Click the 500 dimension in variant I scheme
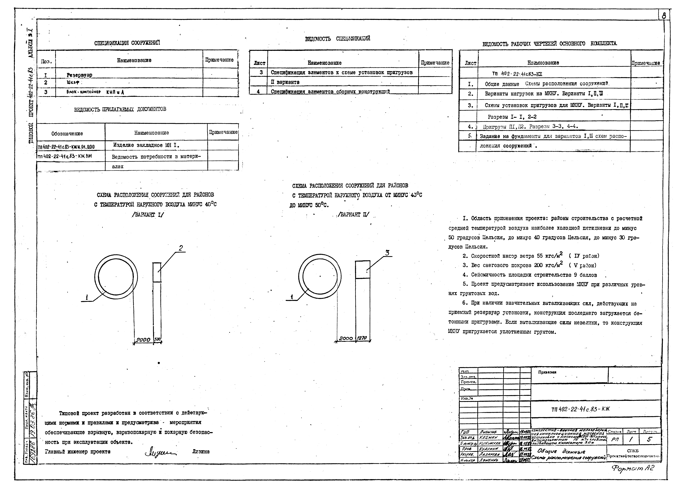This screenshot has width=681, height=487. pos(157,339)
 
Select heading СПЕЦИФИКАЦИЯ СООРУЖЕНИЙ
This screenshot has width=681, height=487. pos(127,43)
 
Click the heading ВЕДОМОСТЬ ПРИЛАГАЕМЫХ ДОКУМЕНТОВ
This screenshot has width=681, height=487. pos(120,109)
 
